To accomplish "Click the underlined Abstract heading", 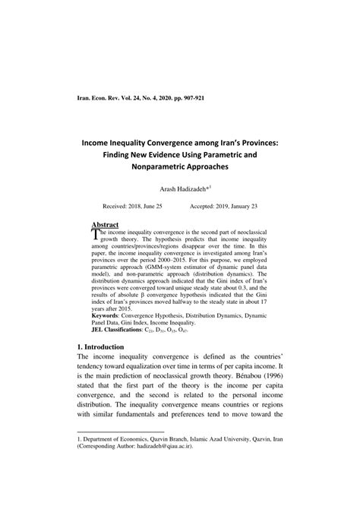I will [105, 225].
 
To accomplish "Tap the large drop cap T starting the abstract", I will [95, 235].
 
